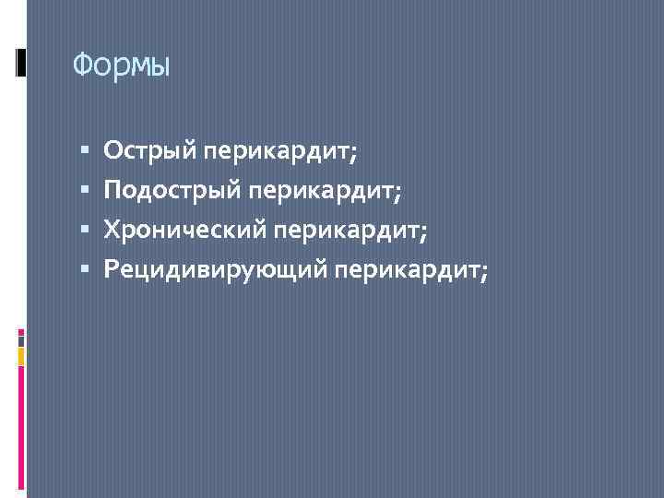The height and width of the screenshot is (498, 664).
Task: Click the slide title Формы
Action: coord(121,65)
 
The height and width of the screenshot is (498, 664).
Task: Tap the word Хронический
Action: coord(184,230)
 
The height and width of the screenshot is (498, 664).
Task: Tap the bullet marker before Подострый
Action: coord(84,190)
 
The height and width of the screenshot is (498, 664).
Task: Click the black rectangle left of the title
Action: coord(21,62)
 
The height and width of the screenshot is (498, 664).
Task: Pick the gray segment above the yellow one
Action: coord(21,340)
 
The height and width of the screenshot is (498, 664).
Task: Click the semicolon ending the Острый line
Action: coord(354,152)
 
